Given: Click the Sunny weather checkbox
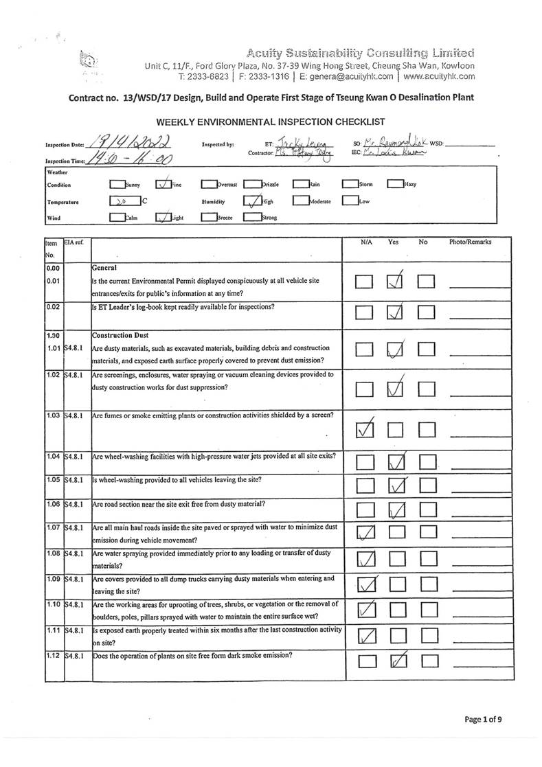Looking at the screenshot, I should pos(117,184).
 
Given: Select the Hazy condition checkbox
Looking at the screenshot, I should pos(395,184).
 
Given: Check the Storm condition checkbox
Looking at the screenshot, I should pos(350,184).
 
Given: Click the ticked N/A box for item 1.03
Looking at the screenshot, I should pos(365,431).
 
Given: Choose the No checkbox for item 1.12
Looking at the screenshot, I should pos(428,662).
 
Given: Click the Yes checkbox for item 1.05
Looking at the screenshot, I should pos(395,487).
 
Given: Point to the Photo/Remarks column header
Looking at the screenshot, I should pos(471,242).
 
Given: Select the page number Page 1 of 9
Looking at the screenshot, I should pos(483,720).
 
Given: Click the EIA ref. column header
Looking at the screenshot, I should pos(74,242).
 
